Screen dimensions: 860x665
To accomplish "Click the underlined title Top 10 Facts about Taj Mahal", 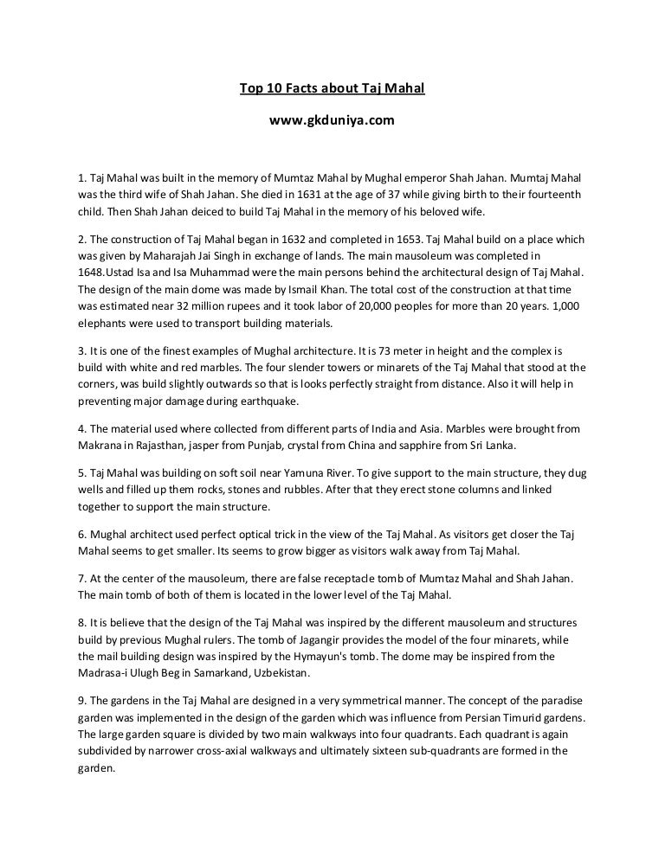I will coord(332,88).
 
